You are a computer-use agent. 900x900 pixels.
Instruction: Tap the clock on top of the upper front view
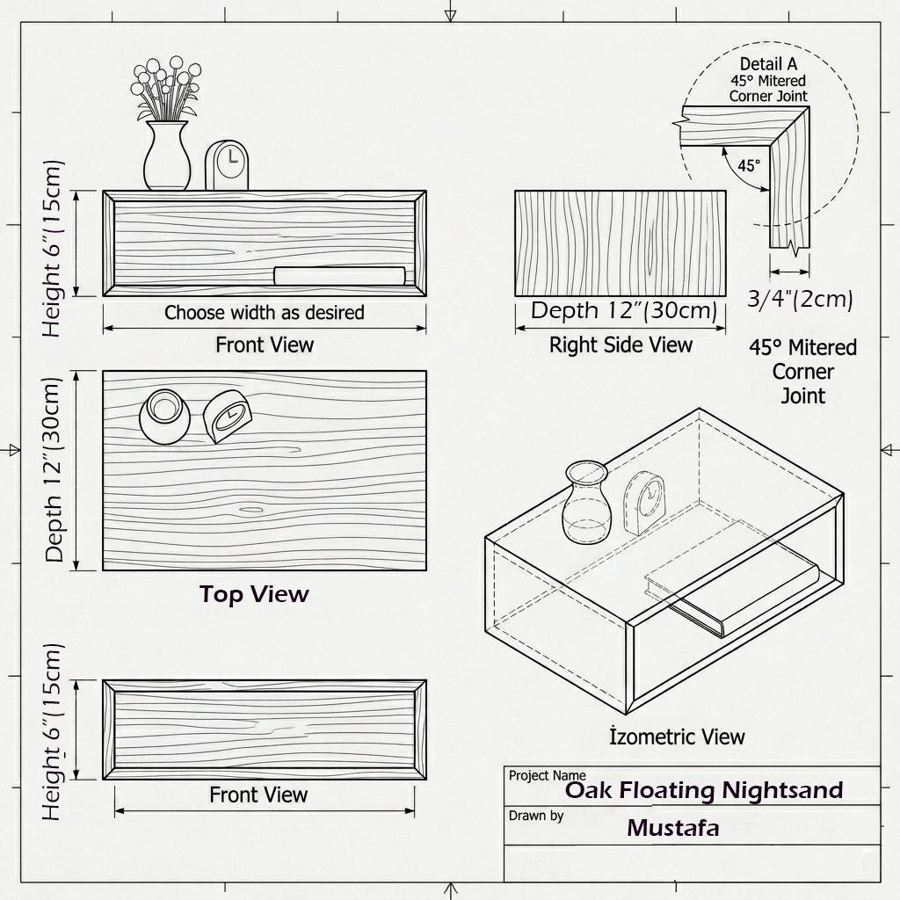[x=227, y=165]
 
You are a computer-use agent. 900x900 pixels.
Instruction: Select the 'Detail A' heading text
[x=768, y=63]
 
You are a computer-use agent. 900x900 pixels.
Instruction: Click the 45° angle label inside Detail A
[x=749, y=165]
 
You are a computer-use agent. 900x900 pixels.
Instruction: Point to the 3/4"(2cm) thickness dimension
[x=800, y=299]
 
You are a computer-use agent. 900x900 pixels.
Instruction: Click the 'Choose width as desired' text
[x=264, y=312]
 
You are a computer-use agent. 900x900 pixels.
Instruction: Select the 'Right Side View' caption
[x=621, y=345]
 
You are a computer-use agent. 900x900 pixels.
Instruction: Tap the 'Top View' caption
[x=254, y=594]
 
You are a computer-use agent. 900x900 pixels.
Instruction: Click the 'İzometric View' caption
[x=678, y=736]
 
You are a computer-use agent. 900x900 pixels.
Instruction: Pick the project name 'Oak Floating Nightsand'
[x=704, y=790]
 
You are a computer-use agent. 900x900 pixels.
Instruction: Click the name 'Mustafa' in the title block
[x=672, y=828]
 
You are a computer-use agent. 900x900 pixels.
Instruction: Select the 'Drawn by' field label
[x=536, y=816]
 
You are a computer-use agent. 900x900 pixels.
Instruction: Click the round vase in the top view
[x=164, y=416]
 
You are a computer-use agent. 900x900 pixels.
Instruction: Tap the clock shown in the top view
[x=228, y=416]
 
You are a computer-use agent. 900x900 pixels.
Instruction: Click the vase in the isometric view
[x=586, y=502]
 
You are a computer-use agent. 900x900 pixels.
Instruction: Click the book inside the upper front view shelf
[x=340, y=275]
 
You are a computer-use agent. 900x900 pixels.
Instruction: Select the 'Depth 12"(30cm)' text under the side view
[x=624, y=310]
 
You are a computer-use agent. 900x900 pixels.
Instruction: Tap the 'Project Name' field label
[x=547, y=775]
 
